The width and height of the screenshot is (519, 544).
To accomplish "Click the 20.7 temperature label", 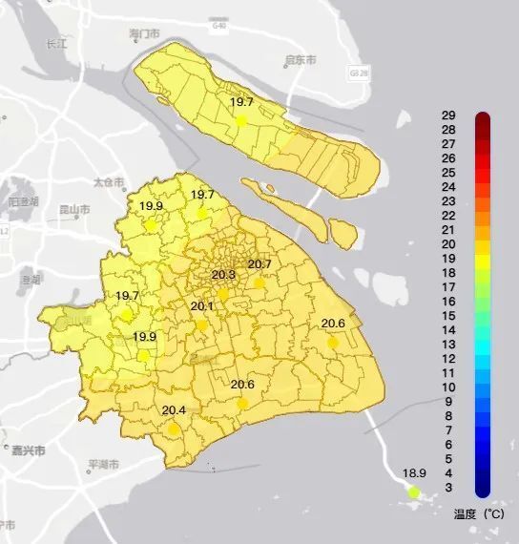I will point(259,264).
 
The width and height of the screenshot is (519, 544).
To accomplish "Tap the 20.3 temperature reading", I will point(223,276).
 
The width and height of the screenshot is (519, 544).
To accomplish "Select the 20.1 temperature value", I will point(202,306).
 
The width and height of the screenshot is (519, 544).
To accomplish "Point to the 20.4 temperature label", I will point(174,411).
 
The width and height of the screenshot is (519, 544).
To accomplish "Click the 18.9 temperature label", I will point(414,473).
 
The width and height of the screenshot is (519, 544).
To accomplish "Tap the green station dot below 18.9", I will point(414,492).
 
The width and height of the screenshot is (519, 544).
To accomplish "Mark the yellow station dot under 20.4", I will point(174,429).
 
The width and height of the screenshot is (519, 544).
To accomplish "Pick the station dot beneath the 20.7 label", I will point(259,282).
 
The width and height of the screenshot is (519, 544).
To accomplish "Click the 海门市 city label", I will point(143,34).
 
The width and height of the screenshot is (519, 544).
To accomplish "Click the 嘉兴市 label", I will point(28,450).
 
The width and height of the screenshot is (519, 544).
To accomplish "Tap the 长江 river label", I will point(57,45).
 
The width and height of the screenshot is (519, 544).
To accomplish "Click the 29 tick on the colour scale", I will point(447,115).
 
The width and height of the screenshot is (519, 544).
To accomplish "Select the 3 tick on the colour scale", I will point(448,488).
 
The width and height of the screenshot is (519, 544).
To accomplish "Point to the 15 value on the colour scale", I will point(447,316).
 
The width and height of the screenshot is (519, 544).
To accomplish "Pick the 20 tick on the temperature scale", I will point(447,244).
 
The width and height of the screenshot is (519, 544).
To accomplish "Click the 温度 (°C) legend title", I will point(477,513).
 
